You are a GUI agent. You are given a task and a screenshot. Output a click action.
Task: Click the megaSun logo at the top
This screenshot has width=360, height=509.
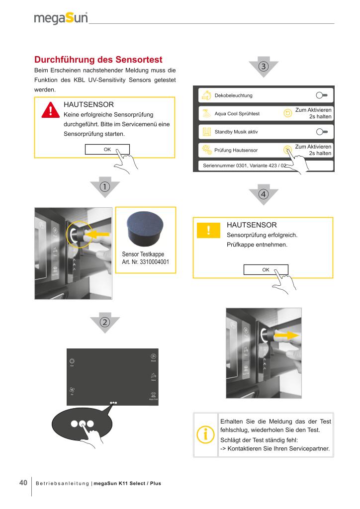[x=61, y=19]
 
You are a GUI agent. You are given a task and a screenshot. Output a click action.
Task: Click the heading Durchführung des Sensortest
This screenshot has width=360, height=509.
[x=98, y=60]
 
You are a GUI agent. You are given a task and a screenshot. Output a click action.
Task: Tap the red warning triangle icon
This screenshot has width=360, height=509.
[x=49, y=111]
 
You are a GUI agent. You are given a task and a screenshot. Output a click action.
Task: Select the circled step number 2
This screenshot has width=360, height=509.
[x=105, y=321]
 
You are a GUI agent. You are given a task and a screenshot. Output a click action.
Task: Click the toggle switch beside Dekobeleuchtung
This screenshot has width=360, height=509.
[x=324, y=95]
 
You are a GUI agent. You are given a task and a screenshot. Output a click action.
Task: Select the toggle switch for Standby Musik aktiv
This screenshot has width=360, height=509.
[x=324, y=132]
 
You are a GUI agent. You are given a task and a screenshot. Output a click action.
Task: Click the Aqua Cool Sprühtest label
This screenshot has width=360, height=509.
[x=237, y=114]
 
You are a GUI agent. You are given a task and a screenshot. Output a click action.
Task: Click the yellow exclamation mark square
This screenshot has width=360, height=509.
[x=209, y=230]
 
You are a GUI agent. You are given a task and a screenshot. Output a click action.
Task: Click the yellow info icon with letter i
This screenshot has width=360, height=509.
[x=206, y=434]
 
